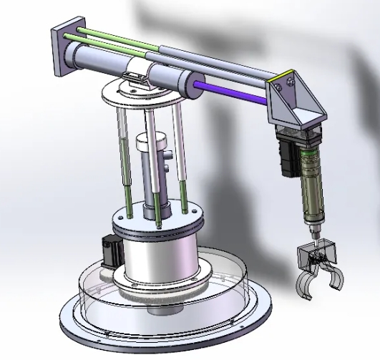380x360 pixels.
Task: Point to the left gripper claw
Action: [303, 281]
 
